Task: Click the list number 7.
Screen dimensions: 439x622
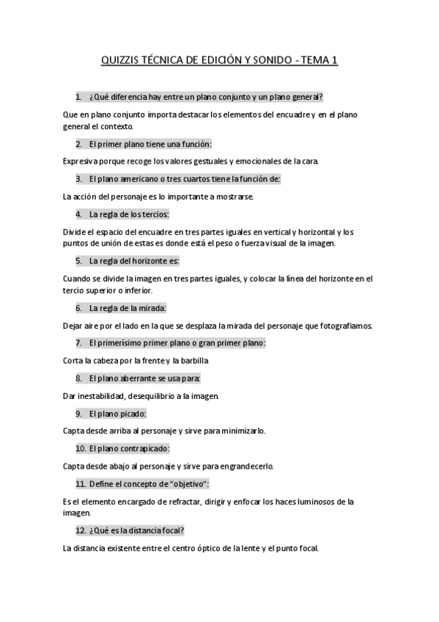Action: pyautogui.click(x=78, y=343)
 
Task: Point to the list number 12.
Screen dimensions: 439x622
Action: pyautogui.click(x=81, y=530)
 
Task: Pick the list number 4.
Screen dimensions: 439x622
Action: pyautogui.click(x=78, y=214)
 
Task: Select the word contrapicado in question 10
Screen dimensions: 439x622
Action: pyautogui.click(x=143, y=448)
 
